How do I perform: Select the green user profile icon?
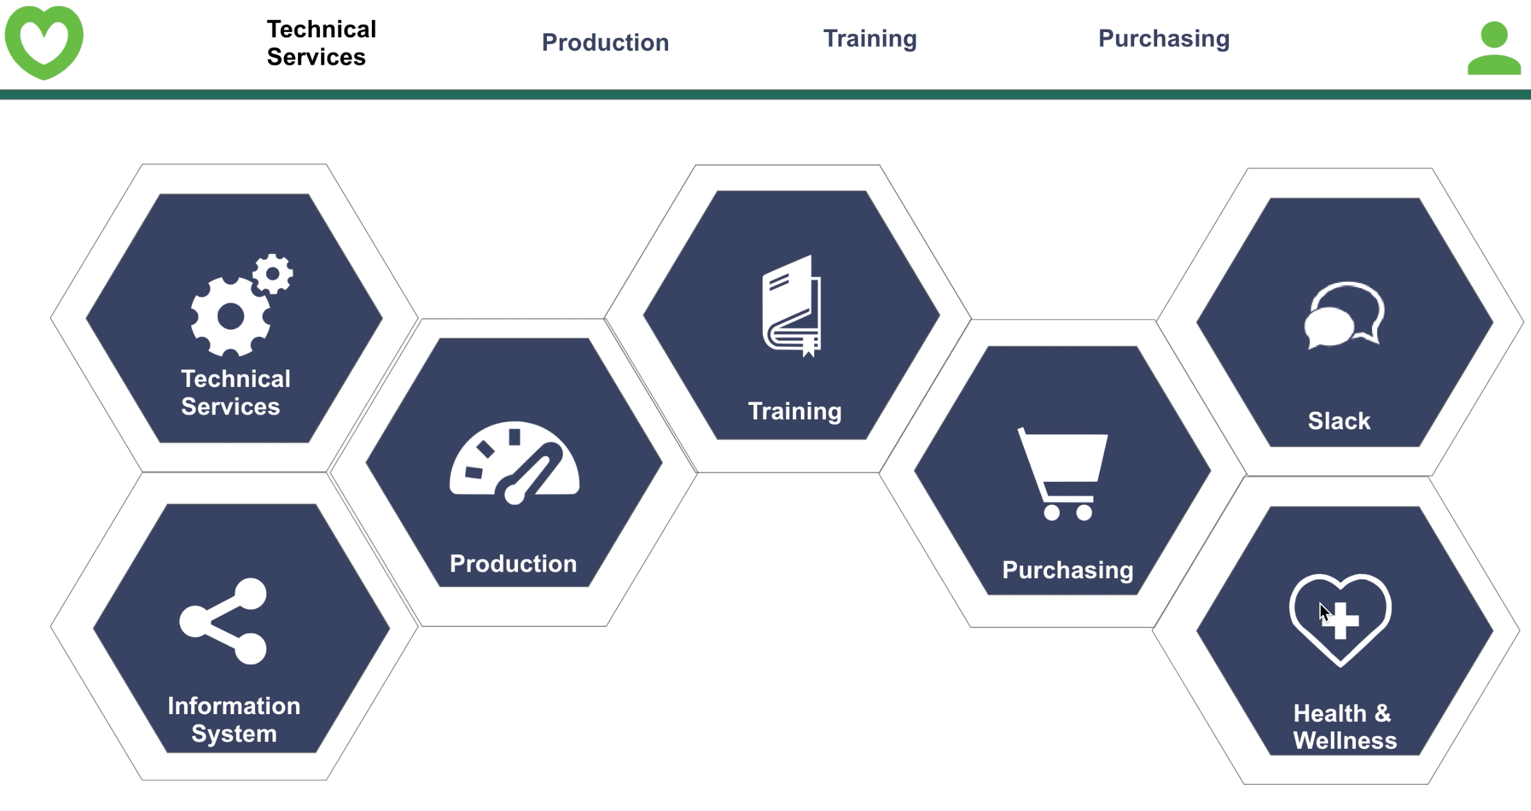[x=1494, y=48]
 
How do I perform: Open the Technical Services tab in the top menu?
[x=321, y=43]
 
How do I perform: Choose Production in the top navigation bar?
[x=605, y=42]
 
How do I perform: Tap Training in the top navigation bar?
[x=870, y=39]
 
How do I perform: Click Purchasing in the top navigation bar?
[x=1164, y=39]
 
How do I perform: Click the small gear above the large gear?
[x=272, y=274]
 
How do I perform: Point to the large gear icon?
[x=230, y=316]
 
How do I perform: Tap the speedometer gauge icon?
[x=514, y=463]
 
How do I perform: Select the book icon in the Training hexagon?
[x=792, y=305]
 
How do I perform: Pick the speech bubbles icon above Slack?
[x=1344, y=315]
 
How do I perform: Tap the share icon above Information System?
[x=223, y=621]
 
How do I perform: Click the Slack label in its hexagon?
[x=1339, y=421]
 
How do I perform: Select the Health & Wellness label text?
[x=1344, y=726]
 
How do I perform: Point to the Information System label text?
[x=234, y=720]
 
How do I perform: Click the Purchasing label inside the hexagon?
[x=1067, y=570]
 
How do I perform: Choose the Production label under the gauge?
[x=513, y=563]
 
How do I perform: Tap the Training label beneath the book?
[x=795, y=411]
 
